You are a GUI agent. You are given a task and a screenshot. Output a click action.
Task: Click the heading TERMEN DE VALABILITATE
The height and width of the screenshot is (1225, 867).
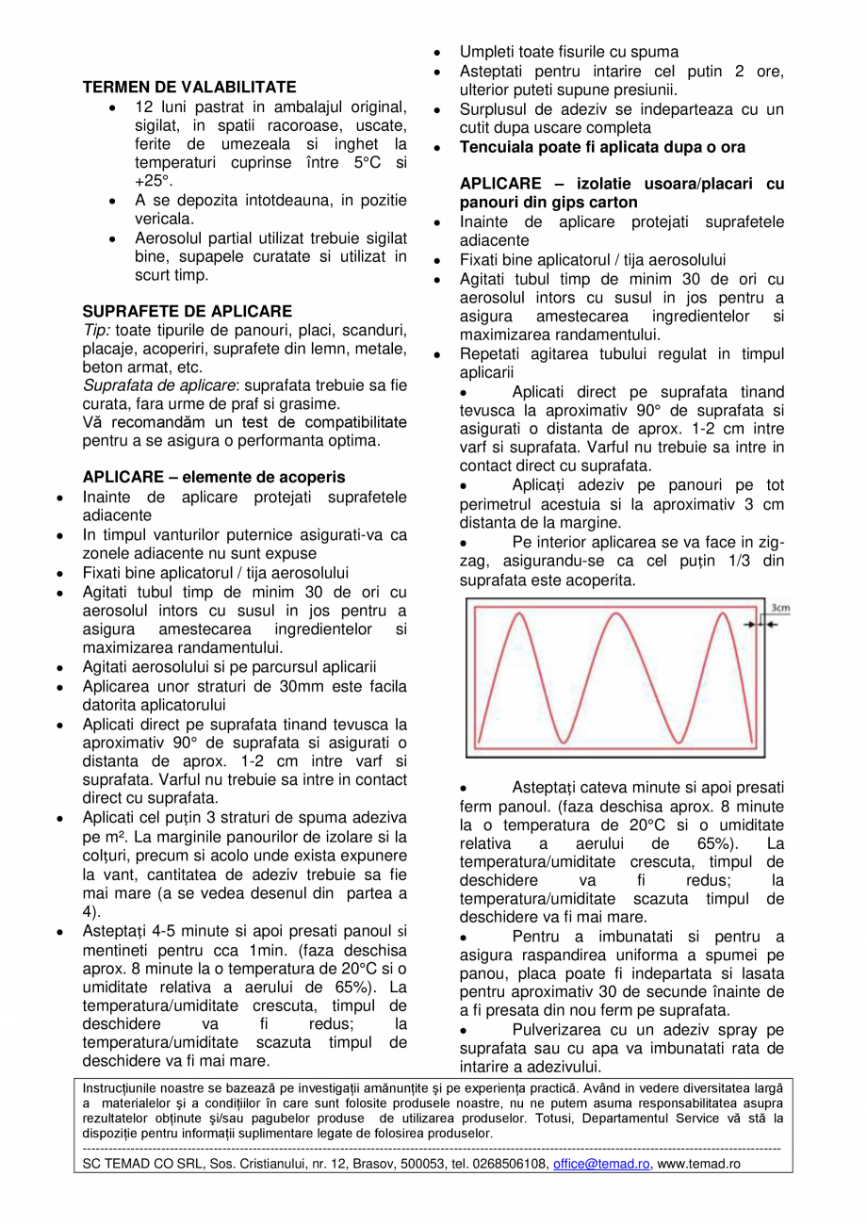tap(189, 87)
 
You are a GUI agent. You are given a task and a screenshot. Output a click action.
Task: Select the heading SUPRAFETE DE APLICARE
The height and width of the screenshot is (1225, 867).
tap(188, 311)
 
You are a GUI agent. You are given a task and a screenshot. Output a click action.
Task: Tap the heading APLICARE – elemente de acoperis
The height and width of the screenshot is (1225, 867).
tap(214, 478)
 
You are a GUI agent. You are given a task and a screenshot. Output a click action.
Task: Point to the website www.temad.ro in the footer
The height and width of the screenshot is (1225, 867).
tap(698, 1164)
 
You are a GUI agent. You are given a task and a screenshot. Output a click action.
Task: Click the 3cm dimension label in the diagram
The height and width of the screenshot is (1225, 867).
tap(779, 609)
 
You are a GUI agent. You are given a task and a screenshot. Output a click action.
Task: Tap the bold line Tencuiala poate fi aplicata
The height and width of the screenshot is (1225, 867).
tap(602, 148)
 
